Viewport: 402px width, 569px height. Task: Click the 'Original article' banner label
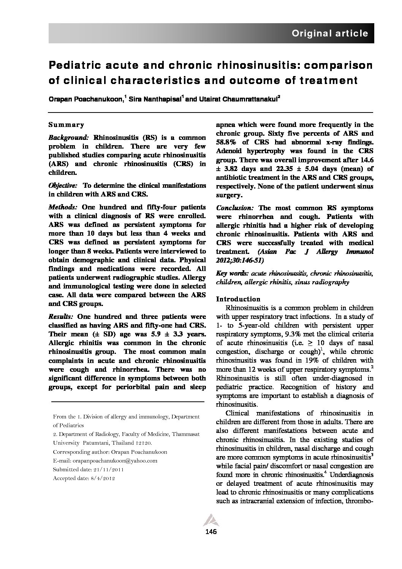[x=329, y=33]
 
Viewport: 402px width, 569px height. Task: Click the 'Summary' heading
[x=66, y=125]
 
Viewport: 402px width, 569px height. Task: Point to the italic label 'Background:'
[x=68, y=137]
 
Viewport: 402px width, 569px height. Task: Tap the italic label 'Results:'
[x=61, y=317]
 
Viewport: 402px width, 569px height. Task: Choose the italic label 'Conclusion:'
[x=235, y=208]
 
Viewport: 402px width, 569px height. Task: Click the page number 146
[x=210, y=532]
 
